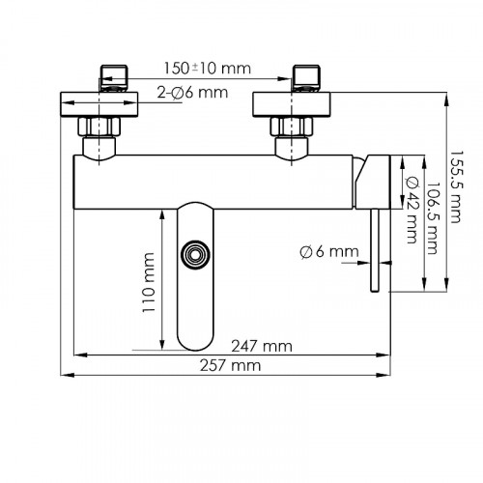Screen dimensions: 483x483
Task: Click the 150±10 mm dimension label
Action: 208,69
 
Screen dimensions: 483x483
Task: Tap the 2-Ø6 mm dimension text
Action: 192,93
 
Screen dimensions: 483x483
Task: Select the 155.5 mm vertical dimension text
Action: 455,186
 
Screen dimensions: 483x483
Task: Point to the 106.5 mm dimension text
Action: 433,218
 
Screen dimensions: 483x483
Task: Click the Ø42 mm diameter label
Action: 412,210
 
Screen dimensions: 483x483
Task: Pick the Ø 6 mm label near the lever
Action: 329,251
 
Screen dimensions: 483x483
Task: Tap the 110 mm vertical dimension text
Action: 149,282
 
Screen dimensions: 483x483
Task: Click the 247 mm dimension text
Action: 262,347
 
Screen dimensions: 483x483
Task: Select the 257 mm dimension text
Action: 230,366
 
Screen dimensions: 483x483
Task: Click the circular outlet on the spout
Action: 195,255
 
